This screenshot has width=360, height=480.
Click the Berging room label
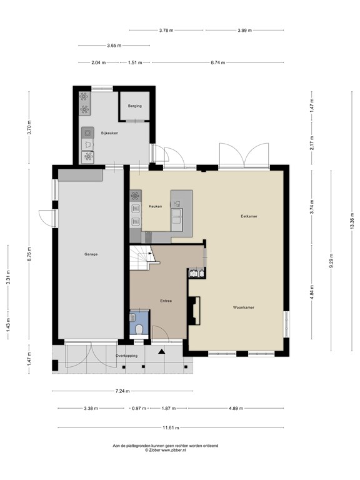click(x=135, y=106)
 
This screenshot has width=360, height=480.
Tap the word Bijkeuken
click(x=109, y=133)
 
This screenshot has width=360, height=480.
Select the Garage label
click(x=91, y=254)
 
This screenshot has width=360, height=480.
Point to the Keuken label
click(x=155, y=206)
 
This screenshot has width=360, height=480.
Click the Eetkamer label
click(x=249, y=216)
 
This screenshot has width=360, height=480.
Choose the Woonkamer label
click(x=243, y=307)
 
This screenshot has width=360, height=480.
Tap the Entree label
click(x=166, y=301)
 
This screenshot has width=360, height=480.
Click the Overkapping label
click(x=126, y=356)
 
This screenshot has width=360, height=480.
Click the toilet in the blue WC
click(x=139, y=329)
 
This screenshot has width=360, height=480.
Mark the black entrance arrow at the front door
click(x=161, y=351)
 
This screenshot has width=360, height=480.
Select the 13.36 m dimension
click(x=351, y=221)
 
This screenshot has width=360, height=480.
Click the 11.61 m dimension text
click(x=171, y=427)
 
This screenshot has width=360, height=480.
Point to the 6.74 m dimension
click(x=217, y=62)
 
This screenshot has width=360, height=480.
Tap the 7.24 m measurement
click(x=122, y=391)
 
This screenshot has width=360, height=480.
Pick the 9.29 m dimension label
click(x=331, y=261)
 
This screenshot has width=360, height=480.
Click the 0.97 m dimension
click(x=139, y=408)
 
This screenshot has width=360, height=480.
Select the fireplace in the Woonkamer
click(x=194, y=311)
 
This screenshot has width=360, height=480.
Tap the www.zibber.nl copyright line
click(x=165, y=450)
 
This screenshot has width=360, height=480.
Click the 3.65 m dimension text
click(x=114, y=46)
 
